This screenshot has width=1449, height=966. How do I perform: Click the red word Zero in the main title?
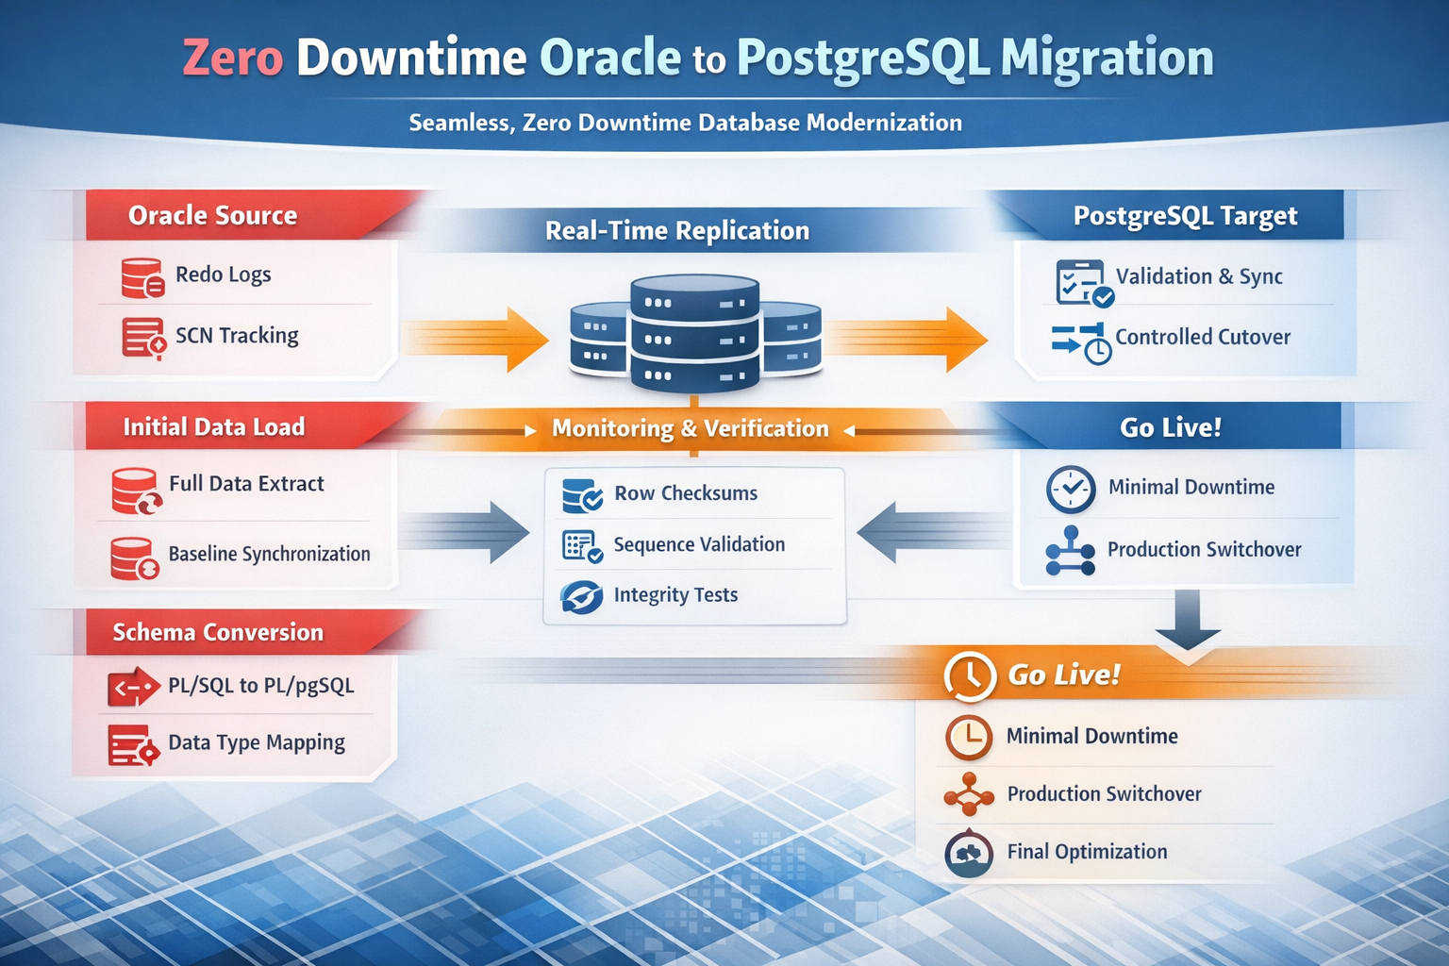point(233,58)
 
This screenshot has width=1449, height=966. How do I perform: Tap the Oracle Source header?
point(212,216)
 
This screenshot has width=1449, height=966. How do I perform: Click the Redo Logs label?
point(223,275)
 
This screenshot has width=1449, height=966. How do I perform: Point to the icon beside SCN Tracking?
point(143,338)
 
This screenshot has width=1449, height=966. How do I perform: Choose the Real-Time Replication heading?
point(676,231)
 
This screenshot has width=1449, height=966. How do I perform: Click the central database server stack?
point(695,334)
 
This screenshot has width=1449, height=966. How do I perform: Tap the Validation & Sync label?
point(1198,276)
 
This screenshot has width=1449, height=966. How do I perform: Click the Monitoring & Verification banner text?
point(690,428)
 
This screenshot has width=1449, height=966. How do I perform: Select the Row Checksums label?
point(686,493)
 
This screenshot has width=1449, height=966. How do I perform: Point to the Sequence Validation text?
point(699,544)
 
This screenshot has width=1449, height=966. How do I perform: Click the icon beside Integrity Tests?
point(581,597)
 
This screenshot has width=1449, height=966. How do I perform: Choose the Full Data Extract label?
point(246,484)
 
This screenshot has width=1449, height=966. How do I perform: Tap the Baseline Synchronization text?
point(269,554)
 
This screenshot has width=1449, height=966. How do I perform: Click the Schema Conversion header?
point(218,632)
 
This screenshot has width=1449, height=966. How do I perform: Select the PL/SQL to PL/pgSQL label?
point(260,686)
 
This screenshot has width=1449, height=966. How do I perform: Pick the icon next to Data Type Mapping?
point(132,745)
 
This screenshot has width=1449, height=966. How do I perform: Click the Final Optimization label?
point(1087,852)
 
